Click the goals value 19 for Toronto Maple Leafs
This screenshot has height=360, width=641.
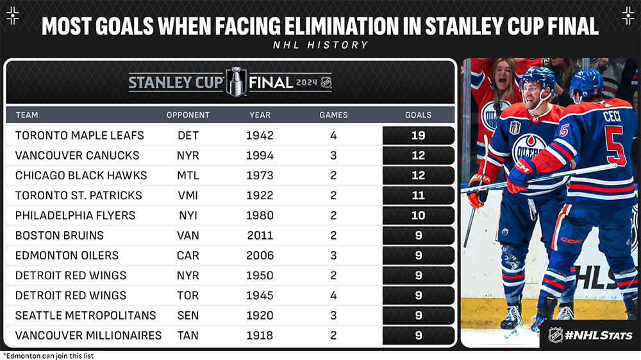[x=419, y=136]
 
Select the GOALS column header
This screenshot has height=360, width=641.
[x=419, y=115]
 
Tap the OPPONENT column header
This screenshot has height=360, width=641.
[x=188, y=115]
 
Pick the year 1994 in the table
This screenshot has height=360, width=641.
[x=260, y=156]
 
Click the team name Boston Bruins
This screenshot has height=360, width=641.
[x=59, y=235]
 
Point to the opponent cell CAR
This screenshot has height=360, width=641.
[x=188, y=255]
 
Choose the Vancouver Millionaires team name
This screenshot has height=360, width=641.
[x=88, y=335]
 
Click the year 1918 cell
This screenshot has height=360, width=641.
[x=260, y=335]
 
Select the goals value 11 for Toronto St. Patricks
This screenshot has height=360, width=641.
[x=419, y=195]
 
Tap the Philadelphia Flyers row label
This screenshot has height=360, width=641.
[x=75, y=215]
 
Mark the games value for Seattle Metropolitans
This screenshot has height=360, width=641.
[x=333, y=315]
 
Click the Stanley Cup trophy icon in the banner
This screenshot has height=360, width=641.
[x=236, y=81]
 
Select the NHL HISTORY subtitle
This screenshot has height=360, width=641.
[x=320, y=45]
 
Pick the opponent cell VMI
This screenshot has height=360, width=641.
[x=188, y=195]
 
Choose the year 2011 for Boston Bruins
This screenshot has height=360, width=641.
[x=260, y=235]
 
